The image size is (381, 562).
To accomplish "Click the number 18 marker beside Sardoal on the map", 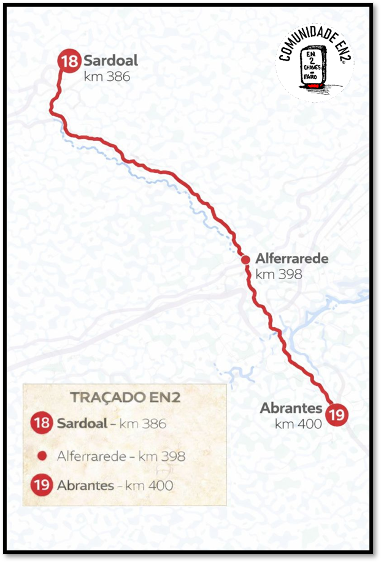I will coord(70,61).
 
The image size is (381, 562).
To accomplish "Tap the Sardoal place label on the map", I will coord(110,61).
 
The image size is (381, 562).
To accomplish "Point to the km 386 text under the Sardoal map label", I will coord(107,77).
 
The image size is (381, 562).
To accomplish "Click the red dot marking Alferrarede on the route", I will coord(245,260).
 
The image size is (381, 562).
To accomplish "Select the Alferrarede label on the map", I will coord(291,259).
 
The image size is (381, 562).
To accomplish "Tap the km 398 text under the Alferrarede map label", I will coord(279,274).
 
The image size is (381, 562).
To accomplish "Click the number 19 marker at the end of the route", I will coord(336,415).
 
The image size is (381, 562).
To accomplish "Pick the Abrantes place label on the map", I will coord(291,408).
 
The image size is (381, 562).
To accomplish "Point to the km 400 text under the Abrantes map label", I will coord(298,423).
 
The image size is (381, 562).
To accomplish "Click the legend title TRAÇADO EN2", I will coord(125,397).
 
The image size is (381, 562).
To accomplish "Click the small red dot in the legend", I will coord(42,456).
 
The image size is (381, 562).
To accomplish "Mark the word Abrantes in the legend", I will coord(85,485).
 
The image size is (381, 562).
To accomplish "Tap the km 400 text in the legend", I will coord(149,485).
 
